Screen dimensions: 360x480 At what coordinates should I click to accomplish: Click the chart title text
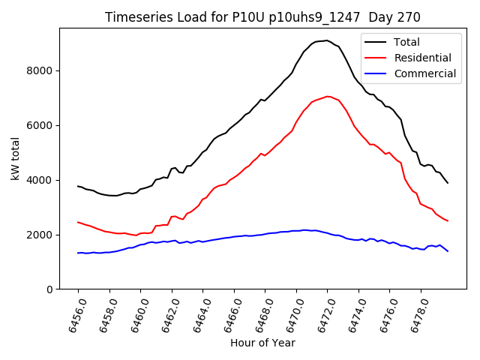[262, 17]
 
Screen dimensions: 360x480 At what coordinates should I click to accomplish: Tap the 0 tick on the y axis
[50, 289]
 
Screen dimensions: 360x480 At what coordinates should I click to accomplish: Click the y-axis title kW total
[15, 159]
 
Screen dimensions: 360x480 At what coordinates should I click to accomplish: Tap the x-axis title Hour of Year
[262, 343]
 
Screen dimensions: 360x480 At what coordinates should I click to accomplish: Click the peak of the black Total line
[327, 40]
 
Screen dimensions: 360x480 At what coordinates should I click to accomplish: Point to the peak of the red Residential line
[328, 96]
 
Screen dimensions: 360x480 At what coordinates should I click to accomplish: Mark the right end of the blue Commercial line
[448, 251]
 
